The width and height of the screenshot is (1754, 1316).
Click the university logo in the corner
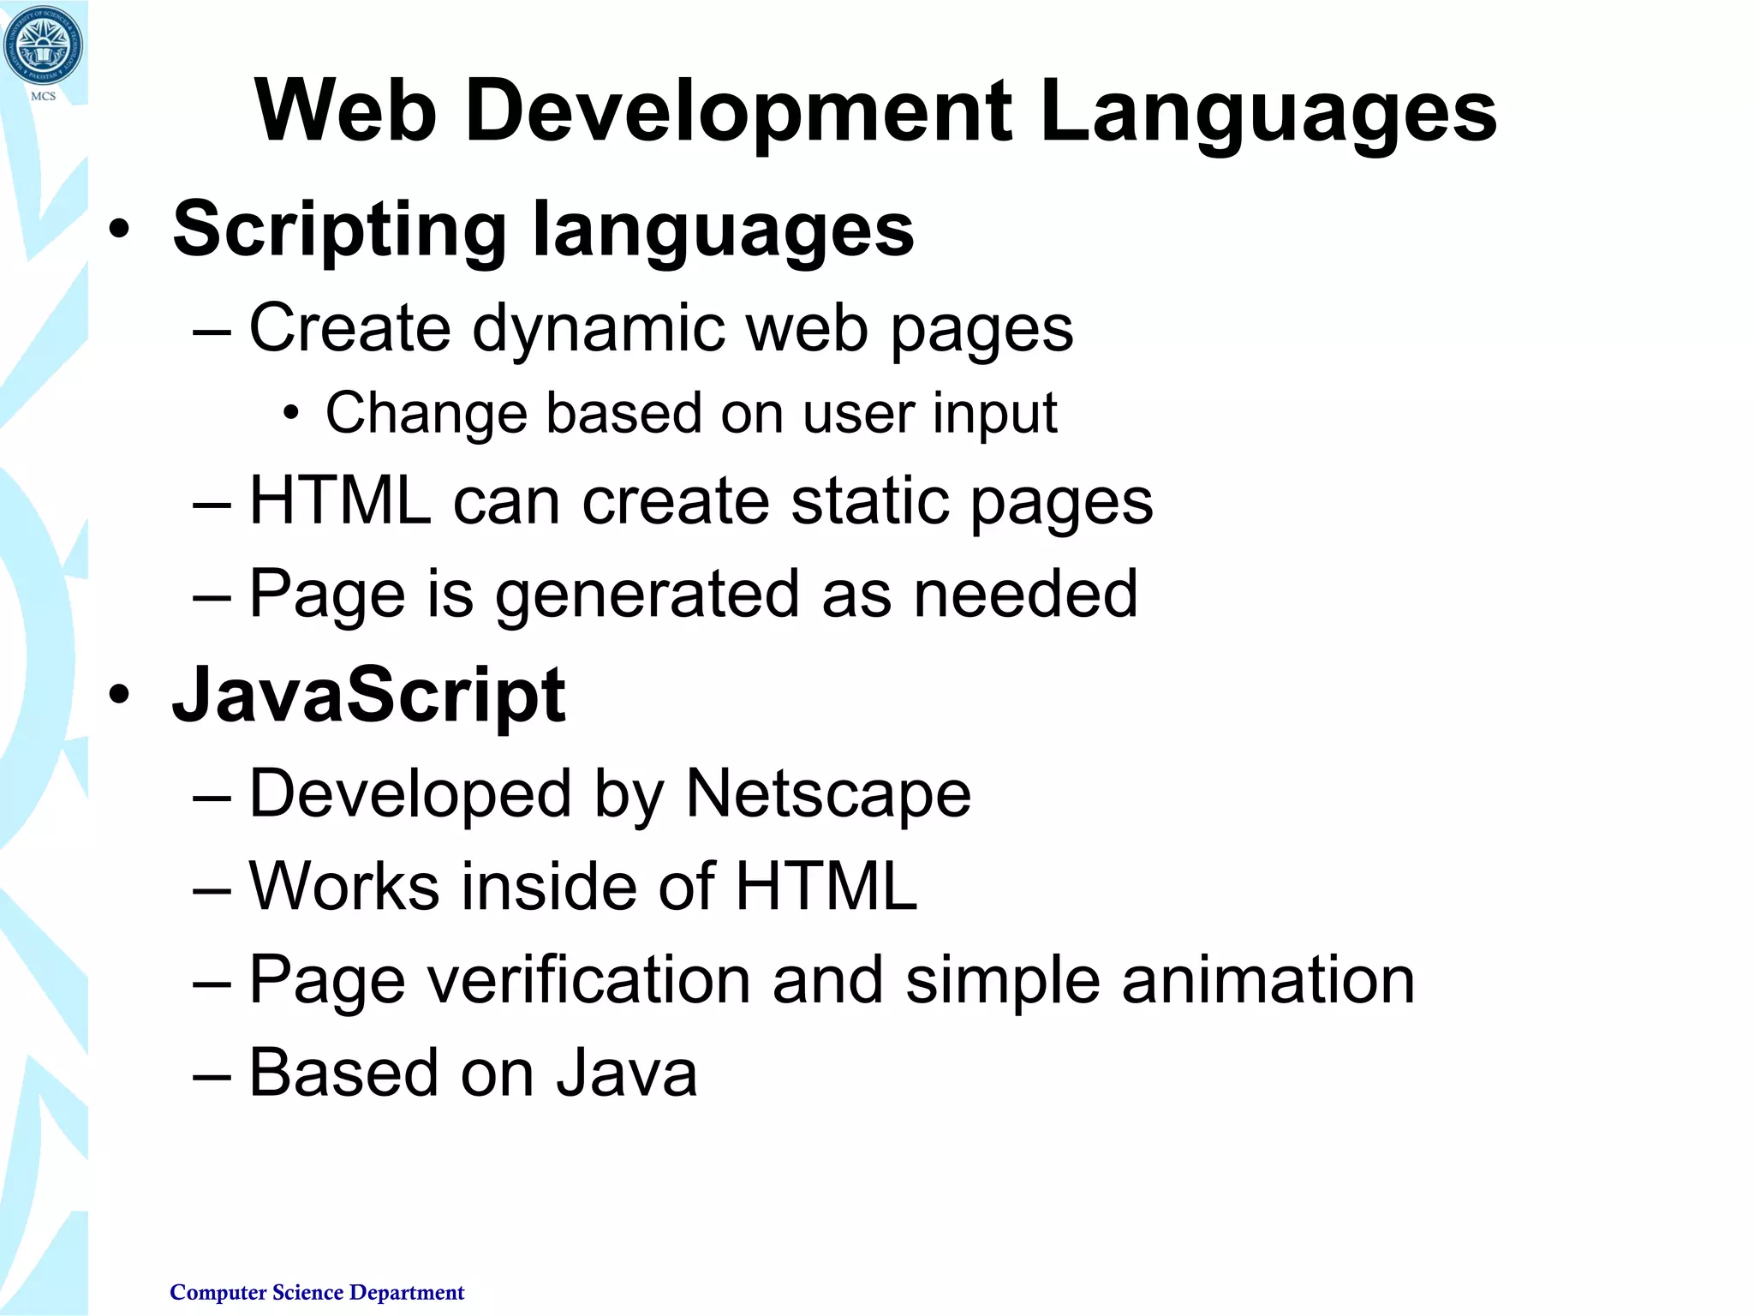[43, 45]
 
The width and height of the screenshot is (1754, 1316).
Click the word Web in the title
[346, 111]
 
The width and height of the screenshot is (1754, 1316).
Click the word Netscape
[828, 794]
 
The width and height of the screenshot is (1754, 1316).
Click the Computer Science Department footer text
[317, 1292]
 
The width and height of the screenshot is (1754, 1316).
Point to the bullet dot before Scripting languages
[120, 230]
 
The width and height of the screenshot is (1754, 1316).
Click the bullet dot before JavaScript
[120, 695]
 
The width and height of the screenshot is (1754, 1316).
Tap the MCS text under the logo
[44, 97]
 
